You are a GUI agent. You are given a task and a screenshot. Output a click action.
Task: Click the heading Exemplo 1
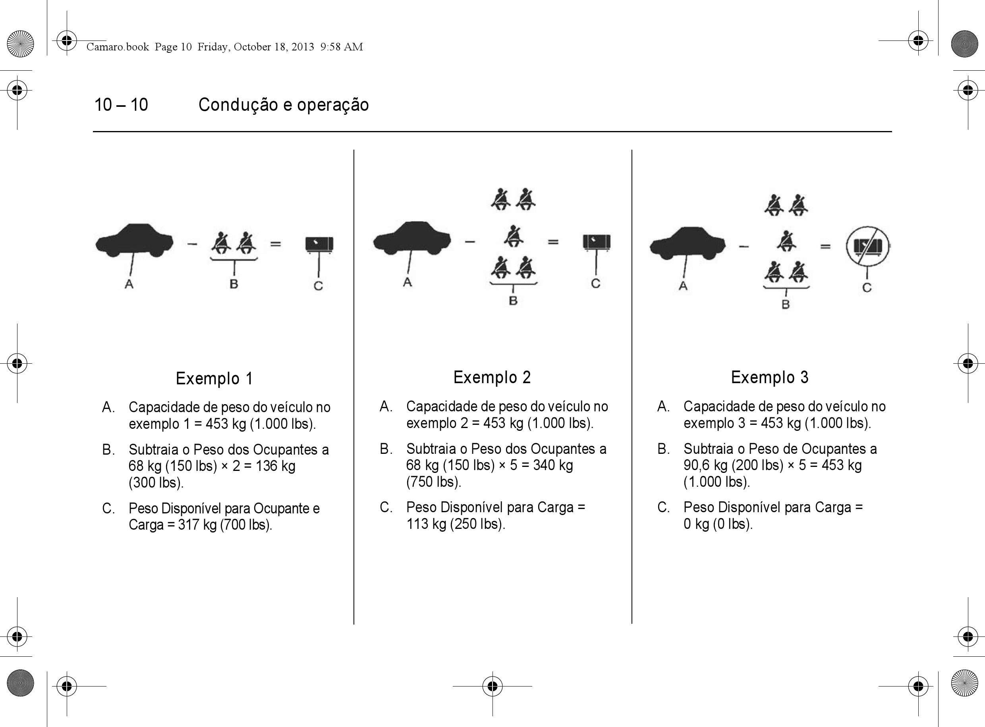(x=214, y=378)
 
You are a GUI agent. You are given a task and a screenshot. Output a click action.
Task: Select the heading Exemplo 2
(x=492, y=377)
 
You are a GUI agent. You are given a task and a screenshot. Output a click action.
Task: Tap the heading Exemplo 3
(x=770, y=377)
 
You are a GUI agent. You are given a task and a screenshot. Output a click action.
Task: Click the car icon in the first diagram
(x=134, y=240)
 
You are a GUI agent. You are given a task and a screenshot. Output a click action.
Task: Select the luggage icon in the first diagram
(x=319, y=244)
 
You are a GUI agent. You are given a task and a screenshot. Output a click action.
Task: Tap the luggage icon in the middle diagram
(x=597, y=242)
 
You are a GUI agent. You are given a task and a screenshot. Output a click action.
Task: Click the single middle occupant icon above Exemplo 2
(x=513, y=236)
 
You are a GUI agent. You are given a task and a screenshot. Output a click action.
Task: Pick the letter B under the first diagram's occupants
(x=234, y=284)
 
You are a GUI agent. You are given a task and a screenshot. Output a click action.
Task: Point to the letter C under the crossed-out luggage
(x=867, y=288)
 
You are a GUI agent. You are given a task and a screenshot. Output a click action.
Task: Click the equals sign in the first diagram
(x=276, y=243)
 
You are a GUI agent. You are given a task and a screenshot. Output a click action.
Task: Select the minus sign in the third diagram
(x=744, y=247)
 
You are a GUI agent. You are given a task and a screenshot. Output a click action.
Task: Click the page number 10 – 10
(x=121, y=105)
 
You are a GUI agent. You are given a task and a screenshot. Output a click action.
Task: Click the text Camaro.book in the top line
(x=118, y=46)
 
